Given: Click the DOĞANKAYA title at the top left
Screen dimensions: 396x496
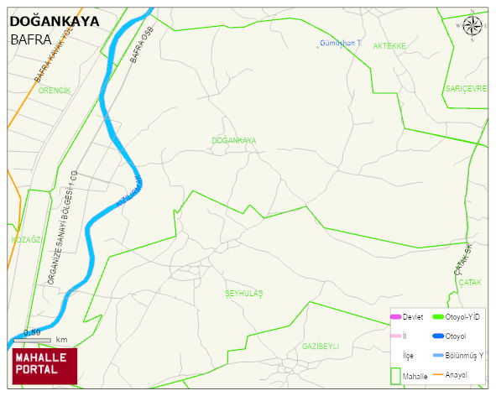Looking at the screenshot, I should point(53,21).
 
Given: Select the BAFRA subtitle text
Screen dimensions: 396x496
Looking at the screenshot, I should point(31,39).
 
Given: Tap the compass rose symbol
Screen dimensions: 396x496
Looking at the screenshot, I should point(473,27).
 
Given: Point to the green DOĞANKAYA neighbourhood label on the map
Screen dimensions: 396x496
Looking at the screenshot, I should point(234,140).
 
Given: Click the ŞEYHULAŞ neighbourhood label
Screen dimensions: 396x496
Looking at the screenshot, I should point(244,293).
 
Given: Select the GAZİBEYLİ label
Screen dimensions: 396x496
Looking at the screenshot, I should point(320,346).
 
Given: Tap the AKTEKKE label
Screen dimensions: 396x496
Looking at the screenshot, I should point(389,45).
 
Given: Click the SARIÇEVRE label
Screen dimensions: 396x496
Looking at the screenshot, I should point(466,88).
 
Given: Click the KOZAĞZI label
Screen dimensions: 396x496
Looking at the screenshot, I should point(25,239).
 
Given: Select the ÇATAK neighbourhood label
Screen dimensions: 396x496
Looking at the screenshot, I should point(470,283).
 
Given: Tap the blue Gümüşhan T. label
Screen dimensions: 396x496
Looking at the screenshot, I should point(340,42).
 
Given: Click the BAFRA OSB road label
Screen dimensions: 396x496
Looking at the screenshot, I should point(142,44).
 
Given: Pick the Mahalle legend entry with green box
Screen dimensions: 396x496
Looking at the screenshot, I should point(406,376).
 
